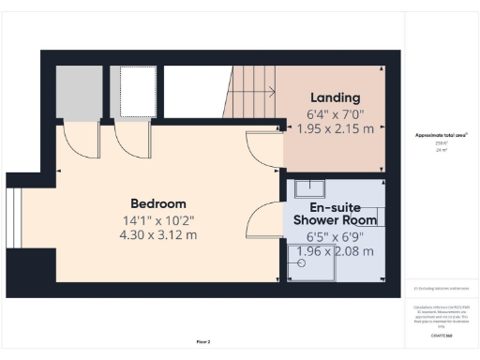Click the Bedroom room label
(157, 203)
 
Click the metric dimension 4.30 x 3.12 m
(157, 234)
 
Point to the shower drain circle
(303, 263)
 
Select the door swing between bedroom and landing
(262, 150)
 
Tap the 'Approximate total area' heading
(441, 135)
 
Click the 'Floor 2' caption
(203, 342)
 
